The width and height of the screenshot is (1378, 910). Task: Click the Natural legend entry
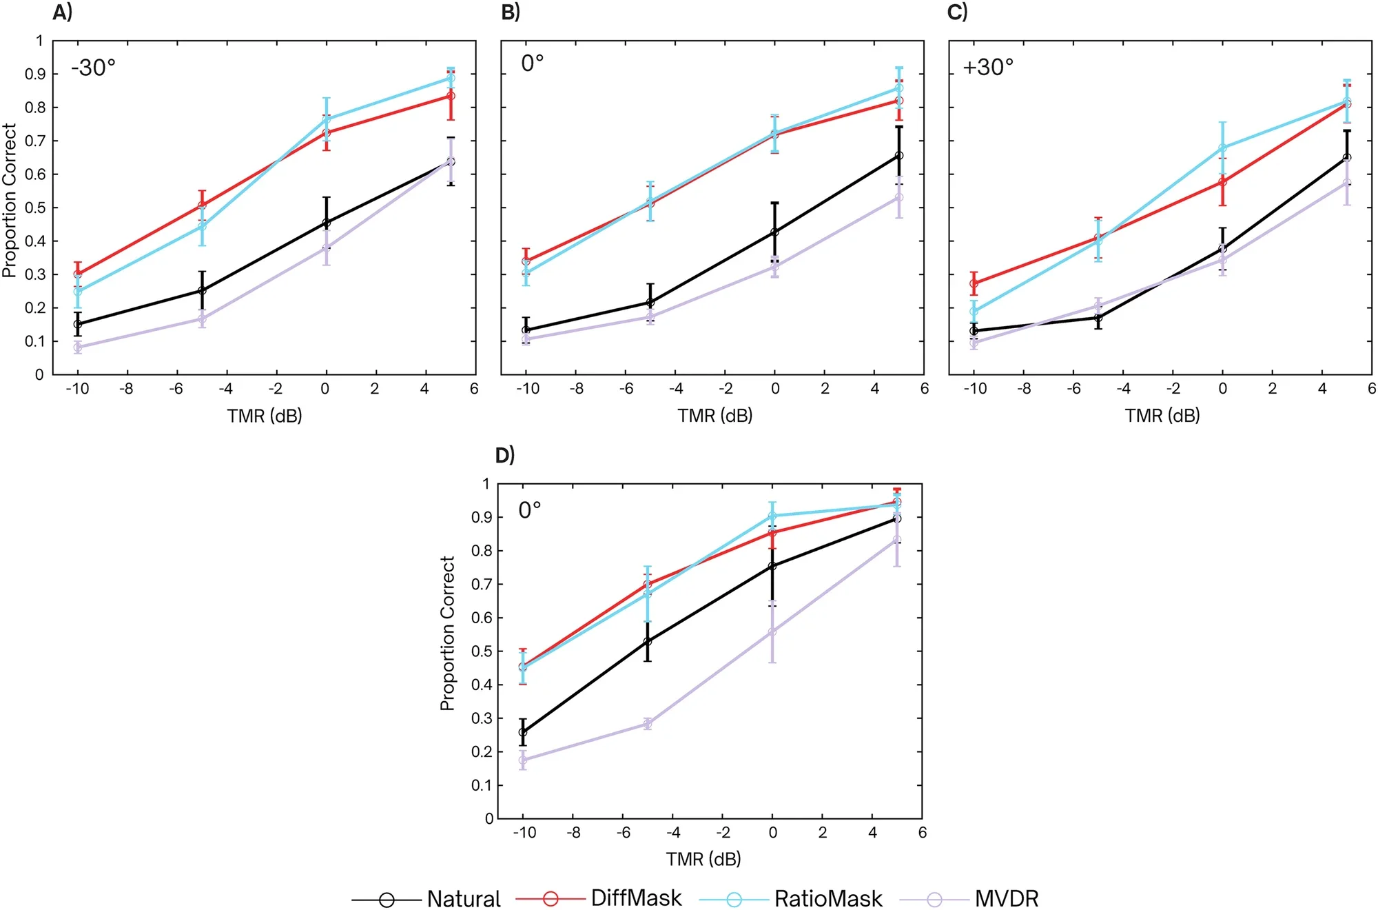coord(463,899)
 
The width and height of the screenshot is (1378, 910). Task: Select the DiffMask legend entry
coord(636,898)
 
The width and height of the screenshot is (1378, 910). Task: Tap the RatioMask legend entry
coord(827,899)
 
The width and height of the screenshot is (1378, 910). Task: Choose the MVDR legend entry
coord(1006,899)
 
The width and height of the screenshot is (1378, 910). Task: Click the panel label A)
coord(62,12)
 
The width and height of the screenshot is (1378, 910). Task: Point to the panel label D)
coord(505,455)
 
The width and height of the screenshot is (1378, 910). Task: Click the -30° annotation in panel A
coord(93,68)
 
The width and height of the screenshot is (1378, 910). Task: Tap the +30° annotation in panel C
coord(988,67)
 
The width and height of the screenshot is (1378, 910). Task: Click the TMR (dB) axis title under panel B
coord(714,416)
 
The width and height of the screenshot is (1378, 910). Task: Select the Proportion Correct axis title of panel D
coord(448,633)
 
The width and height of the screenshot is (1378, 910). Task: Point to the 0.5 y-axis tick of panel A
coord(35,208)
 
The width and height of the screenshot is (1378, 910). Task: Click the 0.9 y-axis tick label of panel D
coord(481,517)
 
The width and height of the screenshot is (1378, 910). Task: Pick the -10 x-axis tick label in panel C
coord(975,389)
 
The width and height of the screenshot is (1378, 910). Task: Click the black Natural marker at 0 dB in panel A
coord(327,223)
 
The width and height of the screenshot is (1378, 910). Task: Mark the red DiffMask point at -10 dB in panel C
coord(974,283)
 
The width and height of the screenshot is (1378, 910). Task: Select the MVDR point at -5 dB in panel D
coord(648,724)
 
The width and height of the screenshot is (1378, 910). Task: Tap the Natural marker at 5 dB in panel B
coord(899,156)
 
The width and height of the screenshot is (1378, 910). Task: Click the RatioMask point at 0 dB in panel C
coord(1223,148)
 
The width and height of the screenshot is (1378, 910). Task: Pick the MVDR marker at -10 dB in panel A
coord(78,347)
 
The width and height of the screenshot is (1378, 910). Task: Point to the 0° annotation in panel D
coord(530,510)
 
